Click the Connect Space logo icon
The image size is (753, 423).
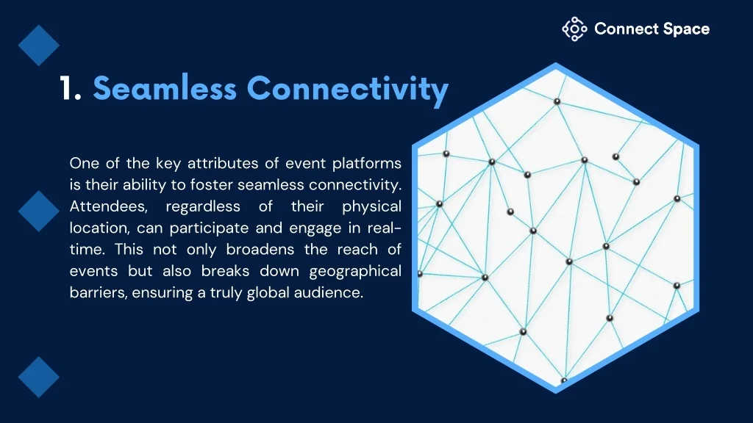pos(574,29)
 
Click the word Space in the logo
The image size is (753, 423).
pos(686,29)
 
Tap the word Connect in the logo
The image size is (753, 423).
pos(626,29)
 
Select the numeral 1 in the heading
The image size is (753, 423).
pos(70,88)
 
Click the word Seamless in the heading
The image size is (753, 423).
pos(165,88)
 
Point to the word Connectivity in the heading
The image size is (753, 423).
pos(348,90)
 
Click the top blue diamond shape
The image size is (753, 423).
pos(39,46)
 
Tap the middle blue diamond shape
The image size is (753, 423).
pos(39,211)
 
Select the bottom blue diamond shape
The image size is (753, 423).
pos(39,377)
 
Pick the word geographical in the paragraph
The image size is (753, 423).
pos(355,272)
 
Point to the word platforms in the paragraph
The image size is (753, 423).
pos(367,164)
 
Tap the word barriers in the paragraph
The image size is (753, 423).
pos(99,292)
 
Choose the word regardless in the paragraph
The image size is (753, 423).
pos(203,207)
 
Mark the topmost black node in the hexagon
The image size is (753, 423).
pos(557,101)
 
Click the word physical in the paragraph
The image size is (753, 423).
pos(371,207)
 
